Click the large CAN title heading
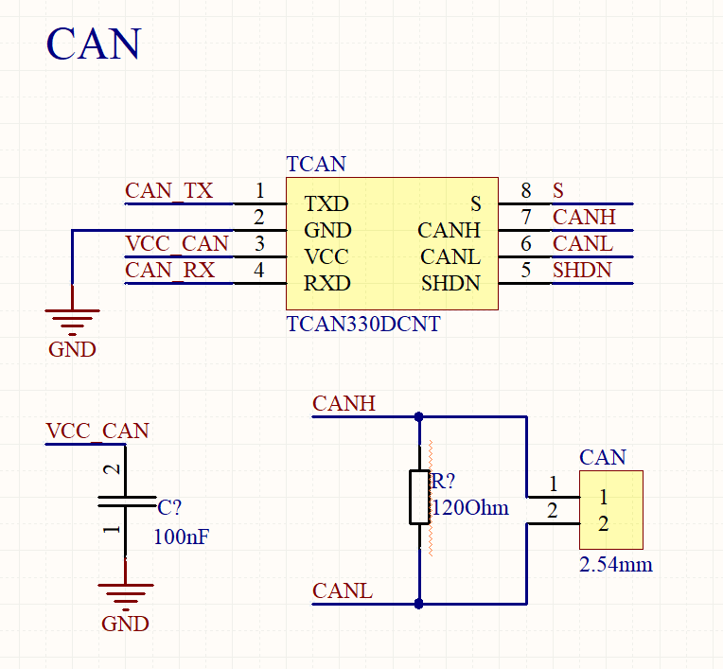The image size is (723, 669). [x=94, y=44]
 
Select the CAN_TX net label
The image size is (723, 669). [x=169, y=191]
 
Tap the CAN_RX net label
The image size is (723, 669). [x=170, y=271]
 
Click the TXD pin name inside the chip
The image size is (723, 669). [x=326, y=203]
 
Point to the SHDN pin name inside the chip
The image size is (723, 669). [x=450, y=283]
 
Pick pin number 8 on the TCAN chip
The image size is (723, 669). [x=526, y=191]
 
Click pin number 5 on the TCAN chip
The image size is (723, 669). [x=526, y=271]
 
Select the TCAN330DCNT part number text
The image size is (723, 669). [x=362, y=324]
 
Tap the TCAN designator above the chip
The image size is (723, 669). [x=316, y=164]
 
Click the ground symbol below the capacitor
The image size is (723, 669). [x=125, y=594]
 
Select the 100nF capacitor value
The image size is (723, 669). [x=181, y=537]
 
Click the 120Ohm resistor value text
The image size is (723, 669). [x=470, y=508]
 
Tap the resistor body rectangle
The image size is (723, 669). [x=419, y=497]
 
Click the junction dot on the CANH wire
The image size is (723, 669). [x=419, y=415]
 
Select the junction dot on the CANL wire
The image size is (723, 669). [x=419, y=603]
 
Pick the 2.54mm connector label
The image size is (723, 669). [x=615, y=566]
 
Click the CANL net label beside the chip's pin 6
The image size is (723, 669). [x=583, y=244]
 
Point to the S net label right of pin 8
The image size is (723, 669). [x=558, y=191]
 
